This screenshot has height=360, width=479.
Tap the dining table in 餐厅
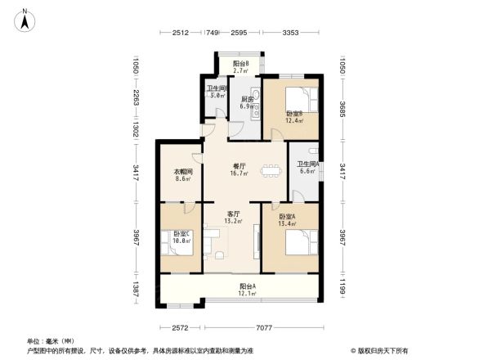(x=268, y=173)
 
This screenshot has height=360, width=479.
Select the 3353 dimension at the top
(x=290, y=33)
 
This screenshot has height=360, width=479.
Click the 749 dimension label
(x=212, y=33)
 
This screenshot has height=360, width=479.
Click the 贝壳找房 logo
(x=381, y=350)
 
